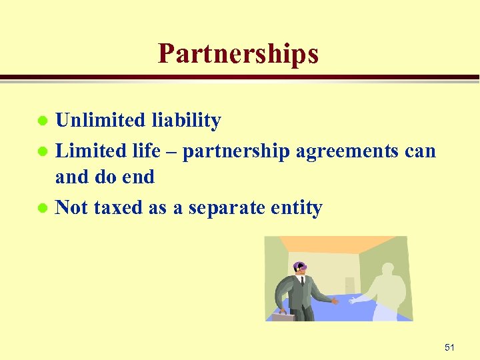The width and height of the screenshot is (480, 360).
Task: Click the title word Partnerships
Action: (238, 53)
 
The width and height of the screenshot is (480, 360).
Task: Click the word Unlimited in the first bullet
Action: (100, 121)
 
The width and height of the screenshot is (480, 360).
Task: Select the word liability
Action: (186, 121)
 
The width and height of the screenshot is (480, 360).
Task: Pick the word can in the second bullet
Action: (420, 152)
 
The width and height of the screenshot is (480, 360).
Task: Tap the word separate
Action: (227, 209)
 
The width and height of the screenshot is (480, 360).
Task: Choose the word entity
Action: (296, 209)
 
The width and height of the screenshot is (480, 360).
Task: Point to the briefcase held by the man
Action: (283, 317)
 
